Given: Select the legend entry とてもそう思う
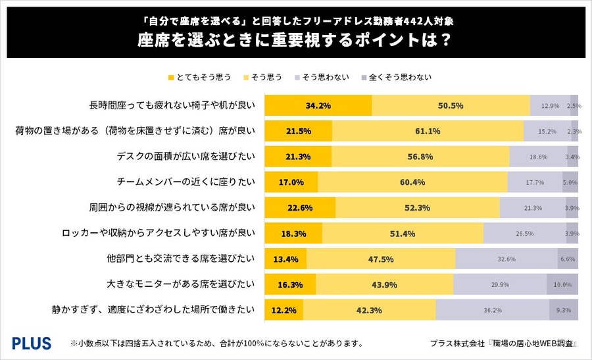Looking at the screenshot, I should click(x=200, y=77).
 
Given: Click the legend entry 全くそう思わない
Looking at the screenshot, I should click(x=403, y=77).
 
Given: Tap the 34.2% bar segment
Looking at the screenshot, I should click(x=318, y=105).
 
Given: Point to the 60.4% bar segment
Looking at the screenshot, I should click(x=412, y=182).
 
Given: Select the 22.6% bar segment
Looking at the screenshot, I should click(x=299, y=207).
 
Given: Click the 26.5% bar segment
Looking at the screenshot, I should click(x=524, y=233).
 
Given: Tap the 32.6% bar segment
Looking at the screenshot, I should click(x=506, y=259).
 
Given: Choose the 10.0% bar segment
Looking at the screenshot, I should click(x=562, y=284).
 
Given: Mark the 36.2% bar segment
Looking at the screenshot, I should click(x=492, y=309).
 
